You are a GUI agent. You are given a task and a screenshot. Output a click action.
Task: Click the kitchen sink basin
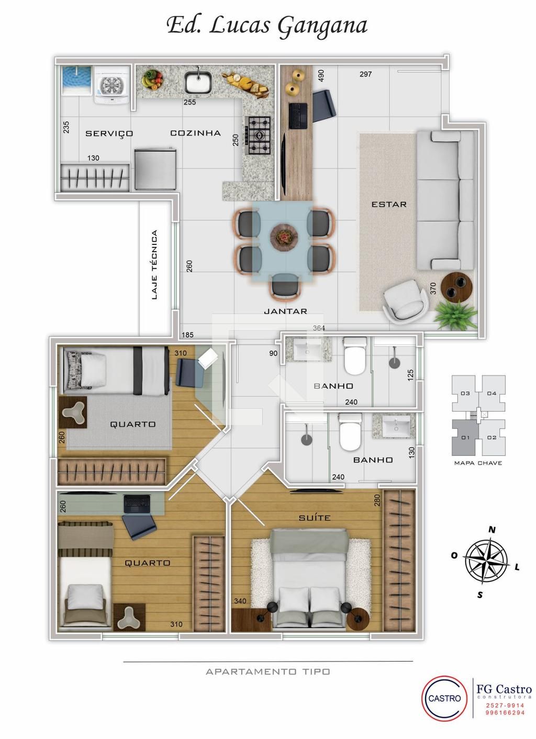click(x=198, y=82)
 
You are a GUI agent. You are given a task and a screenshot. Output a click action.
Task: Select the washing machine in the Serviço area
click(x=112, y=85)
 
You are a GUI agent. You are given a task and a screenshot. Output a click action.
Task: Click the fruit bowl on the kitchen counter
click(x=152, y=80)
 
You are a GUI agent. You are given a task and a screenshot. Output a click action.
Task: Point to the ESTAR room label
click(x=389, y=204)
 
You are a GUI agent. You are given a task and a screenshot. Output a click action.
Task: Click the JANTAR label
click(x=285, y=311)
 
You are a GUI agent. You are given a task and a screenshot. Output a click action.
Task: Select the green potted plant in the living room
click(x=455, y=315)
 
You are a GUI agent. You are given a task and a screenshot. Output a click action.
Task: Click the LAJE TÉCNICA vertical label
click(x=154, y=265)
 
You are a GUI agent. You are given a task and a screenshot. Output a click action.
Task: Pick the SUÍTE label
click(x=315, y=518)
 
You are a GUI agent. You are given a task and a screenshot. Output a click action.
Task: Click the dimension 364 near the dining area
click(x=319, y=328)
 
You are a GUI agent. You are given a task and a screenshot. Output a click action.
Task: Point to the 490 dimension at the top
click(x=320, y=75)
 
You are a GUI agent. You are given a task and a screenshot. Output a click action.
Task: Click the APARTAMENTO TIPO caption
click(x=267, y=671)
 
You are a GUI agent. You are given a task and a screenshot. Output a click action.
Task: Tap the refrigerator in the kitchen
click(x=155, y=170)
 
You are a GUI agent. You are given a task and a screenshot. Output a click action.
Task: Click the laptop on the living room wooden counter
click(x=298, y=116)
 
